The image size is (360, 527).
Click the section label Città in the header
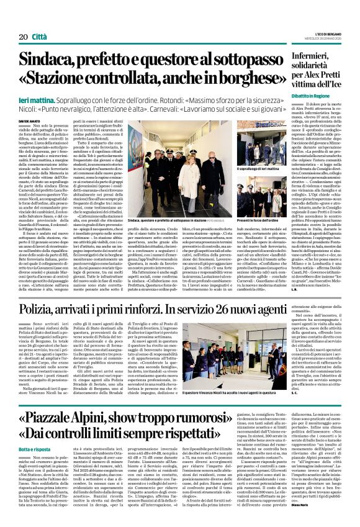coord(39,20)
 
